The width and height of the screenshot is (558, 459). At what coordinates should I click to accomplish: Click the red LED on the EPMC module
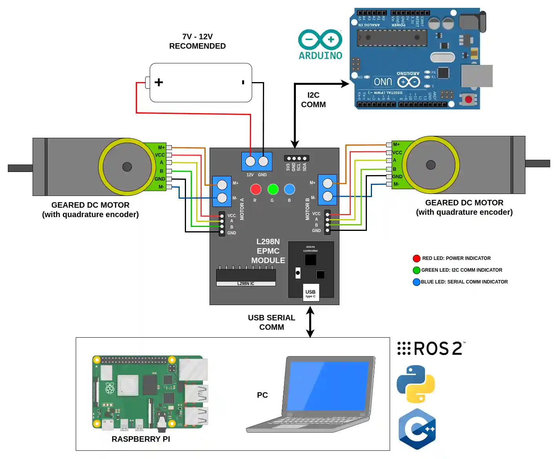(255, 189)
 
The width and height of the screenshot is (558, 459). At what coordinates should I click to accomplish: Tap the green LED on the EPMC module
(273, 189)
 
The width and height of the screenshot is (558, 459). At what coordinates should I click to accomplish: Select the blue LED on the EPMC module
(290, 189)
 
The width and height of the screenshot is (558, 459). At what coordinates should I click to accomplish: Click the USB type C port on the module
(311, 293)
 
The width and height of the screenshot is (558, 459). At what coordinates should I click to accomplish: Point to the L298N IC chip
(246, 277)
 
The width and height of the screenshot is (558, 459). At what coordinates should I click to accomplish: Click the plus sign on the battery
(159, 82)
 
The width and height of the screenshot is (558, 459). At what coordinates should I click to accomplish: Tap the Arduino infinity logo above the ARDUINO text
(320, 39)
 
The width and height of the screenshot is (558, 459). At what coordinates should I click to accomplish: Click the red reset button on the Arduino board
(468, 99)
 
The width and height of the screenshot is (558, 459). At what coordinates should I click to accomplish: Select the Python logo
(416, 384)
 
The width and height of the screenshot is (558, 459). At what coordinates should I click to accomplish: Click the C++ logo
(417, 429)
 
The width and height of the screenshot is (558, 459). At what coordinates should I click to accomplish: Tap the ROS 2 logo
(431, 348)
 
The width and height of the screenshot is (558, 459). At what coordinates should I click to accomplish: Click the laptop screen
(328, 386)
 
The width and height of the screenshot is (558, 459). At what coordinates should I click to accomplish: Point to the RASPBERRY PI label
(140, 439)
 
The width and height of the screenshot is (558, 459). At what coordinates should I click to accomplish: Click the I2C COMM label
(313, 100)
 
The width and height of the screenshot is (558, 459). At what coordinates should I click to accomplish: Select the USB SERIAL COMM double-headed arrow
(310, 322)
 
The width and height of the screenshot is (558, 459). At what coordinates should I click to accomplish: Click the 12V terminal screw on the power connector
(250, 161)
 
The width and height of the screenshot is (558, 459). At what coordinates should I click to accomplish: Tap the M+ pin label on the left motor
(161, 148)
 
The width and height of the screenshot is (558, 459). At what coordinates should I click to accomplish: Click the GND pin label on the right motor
(397, 177)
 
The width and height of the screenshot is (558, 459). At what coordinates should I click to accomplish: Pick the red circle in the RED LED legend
(416, 258)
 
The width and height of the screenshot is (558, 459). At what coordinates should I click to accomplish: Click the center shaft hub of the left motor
(127, 167)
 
